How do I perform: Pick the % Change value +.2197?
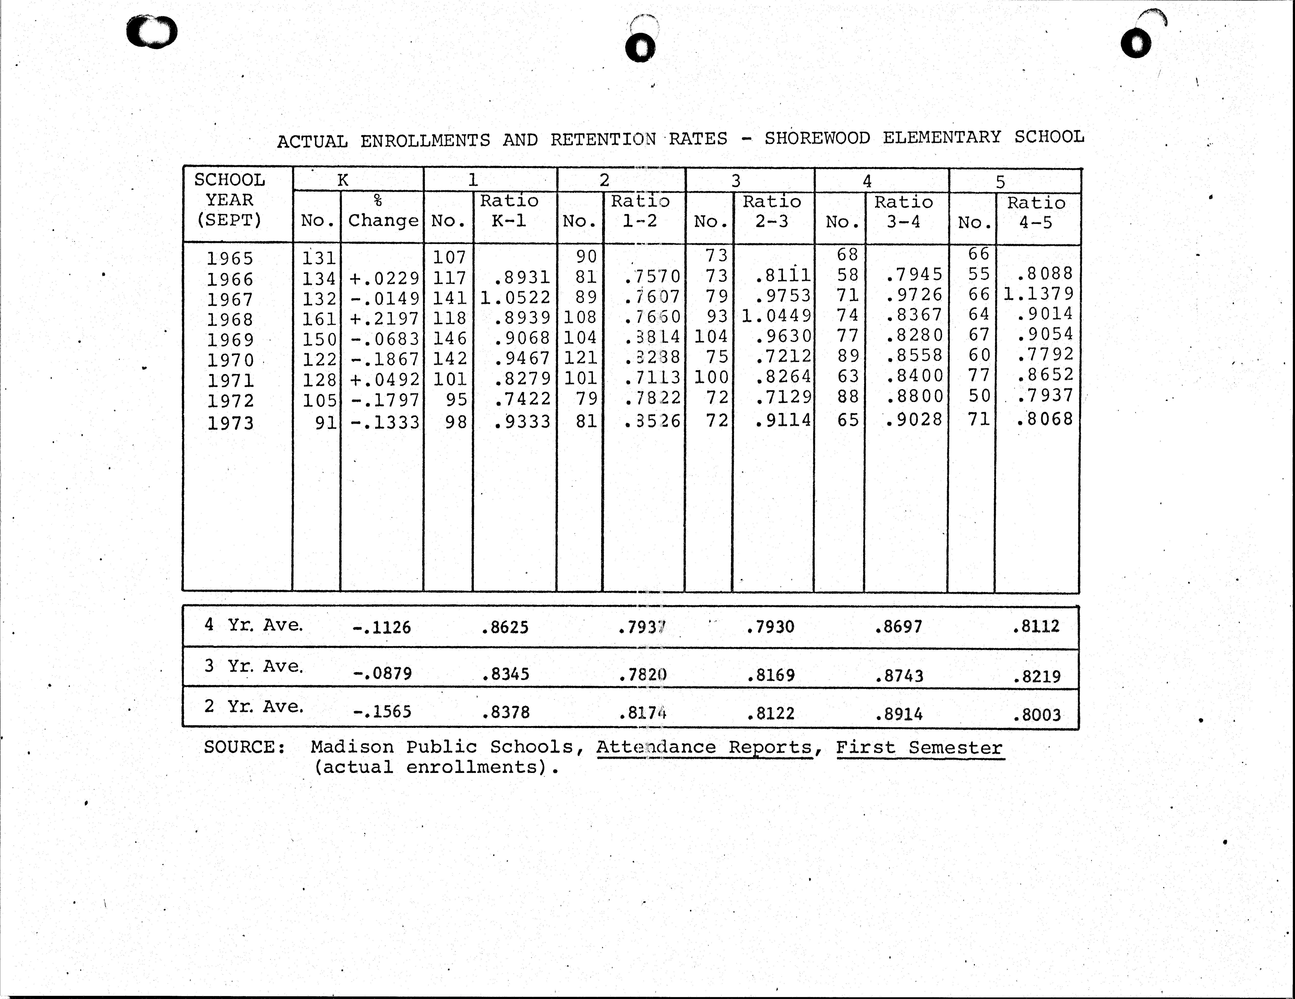(x=384, y=318)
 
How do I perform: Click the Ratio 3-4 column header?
(x=903, y=212)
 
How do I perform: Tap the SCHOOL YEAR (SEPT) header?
(x=230, y=200)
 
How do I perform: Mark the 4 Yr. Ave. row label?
(x=254, y=625)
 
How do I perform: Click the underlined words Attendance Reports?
(x=704, y=748)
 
